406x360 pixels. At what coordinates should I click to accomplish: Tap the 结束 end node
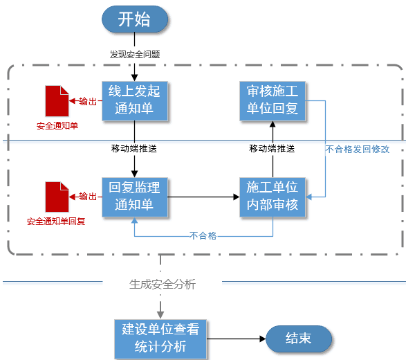click(x=298, y=339)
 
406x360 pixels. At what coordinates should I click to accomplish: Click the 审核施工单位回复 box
click(x=273, y=101)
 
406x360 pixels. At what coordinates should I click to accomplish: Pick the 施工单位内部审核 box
click(x=273, y=197)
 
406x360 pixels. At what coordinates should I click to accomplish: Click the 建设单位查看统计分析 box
click(x=160, y=339)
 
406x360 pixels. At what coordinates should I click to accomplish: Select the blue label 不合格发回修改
click(x=358, y=149)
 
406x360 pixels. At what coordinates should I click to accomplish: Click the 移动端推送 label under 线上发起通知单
click(x=134, y=148)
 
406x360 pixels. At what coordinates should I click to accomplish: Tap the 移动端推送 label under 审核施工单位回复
click(x=273, y=148)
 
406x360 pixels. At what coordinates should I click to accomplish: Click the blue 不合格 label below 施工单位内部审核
click(x=203, y=236)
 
